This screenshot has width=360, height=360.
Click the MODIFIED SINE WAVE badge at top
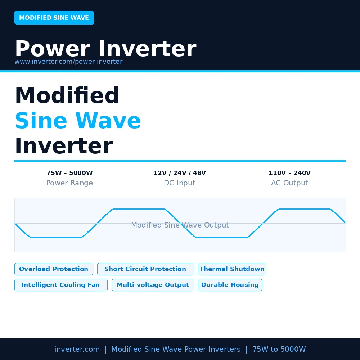[54, 18]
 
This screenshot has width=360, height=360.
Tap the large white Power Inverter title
[105, 49]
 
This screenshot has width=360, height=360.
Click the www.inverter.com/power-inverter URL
[68, 62]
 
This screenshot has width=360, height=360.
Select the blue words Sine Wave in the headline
[78, 121]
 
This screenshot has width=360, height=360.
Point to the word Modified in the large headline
[67, 95]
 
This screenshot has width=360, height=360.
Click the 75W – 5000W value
[69, 173]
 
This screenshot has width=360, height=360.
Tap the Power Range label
[69, 183]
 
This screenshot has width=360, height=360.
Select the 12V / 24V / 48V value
[180, 173]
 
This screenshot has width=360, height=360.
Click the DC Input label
[180, 183]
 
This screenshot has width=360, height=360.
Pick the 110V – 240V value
[290, 173]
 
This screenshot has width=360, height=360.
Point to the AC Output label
[290, 183]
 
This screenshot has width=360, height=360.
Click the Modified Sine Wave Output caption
[180, 225]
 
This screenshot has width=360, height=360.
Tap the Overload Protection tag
[54, 269]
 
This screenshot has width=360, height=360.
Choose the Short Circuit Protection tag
[145, 269]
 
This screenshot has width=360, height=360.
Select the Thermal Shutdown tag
[232, 269]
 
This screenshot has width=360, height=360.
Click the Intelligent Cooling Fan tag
[61, 285]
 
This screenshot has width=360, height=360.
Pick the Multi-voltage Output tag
[153, 285]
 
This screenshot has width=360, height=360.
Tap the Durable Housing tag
[230, 285]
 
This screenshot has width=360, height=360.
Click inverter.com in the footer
[77, 349]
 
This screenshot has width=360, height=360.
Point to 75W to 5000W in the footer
[279, 349]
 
